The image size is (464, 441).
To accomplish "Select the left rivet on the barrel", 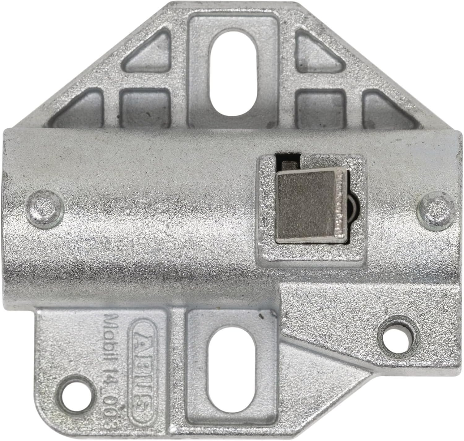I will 45,207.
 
